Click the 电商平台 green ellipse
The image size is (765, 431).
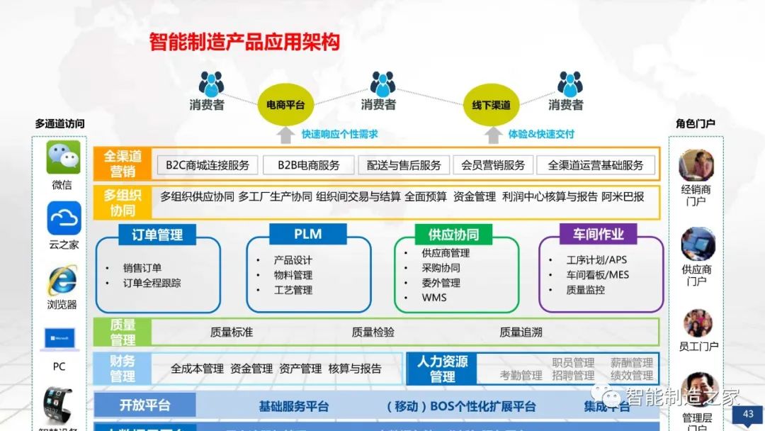point(285,105)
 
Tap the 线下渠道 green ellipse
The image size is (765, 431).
point(492,105)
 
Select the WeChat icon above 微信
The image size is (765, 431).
point(63,157)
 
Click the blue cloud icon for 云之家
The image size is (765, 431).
point(64,218)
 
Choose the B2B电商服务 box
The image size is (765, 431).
point(308,165)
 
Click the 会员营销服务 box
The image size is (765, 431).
point(493,165)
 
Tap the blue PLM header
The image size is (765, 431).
point(308,234)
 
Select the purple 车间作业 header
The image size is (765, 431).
point(599,234)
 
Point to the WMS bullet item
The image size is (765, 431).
point(433,298)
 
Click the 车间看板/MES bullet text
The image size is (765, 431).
point(597,275)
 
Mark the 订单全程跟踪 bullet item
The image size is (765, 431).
point(152,283)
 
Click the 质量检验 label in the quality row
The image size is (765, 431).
point(373,332)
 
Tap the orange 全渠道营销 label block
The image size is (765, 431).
point(123,164)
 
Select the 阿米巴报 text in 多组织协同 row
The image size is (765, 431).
point(623,197)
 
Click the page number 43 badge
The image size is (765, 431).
point(747,414)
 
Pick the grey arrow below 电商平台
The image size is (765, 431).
point(285,135)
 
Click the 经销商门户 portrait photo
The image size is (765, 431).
point(696,166)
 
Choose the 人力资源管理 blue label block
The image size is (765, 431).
point(443,369)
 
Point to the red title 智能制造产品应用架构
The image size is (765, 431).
point(244,42)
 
